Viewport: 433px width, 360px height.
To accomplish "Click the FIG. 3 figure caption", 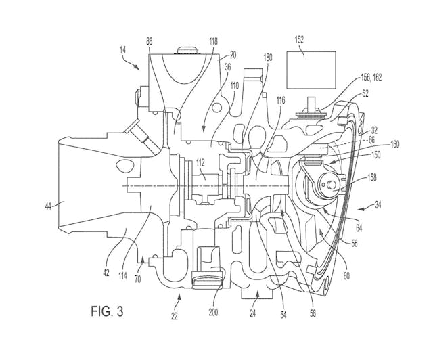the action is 107,311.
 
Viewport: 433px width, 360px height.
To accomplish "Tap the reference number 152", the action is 299,40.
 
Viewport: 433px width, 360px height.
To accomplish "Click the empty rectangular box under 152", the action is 311,70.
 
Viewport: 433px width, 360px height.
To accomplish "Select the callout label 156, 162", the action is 371,78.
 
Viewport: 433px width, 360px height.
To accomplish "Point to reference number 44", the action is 49,206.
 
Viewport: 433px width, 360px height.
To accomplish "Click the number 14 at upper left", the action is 122,50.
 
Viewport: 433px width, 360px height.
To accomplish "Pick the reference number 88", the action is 149,41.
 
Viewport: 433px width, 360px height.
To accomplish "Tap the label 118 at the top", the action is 214,41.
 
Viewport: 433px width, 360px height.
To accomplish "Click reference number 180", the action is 268,58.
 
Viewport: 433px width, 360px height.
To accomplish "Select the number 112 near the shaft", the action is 200,162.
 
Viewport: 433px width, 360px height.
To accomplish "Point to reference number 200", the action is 213,312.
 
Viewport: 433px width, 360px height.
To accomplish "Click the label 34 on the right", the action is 378,205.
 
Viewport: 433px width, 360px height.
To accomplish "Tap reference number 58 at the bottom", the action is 313,313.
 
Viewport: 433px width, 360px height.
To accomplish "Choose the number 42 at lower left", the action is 106,273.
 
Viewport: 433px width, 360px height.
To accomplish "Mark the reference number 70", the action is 137,279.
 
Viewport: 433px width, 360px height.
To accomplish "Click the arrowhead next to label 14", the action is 137,68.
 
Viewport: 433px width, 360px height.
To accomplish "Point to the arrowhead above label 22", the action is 179,296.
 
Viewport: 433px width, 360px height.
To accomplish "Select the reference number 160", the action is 395,144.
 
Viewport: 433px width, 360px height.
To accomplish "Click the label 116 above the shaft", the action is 281,101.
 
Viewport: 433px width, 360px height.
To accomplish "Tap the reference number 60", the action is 346,275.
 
